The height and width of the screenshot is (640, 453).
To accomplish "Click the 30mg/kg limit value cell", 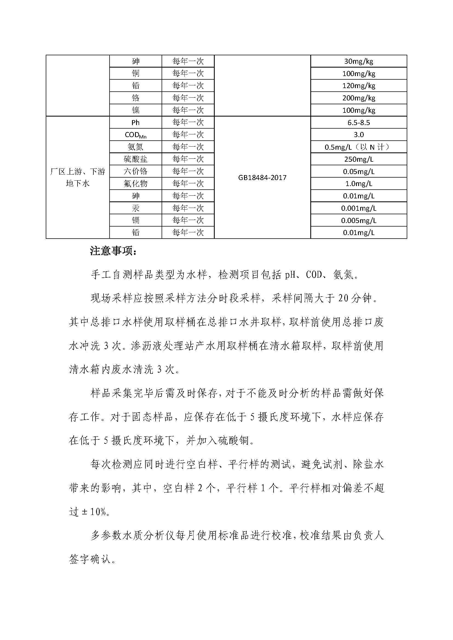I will [x=359, y=61].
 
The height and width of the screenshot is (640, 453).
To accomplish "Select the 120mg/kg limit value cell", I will [x=359, y=86].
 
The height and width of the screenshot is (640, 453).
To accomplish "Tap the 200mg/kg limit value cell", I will [x=359, y=98].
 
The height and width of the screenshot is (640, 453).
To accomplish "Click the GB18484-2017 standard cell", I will [x=262, y=178].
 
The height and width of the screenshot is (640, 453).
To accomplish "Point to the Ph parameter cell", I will [x=136, y=122].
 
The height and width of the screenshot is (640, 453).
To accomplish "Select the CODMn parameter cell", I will [x=136, y=135].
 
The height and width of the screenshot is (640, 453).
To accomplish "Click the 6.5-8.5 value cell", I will [x=359, y=122].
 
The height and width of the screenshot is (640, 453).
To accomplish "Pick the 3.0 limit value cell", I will [x=359, y=135].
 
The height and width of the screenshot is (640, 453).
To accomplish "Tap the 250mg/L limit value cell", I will [x=359, y=159].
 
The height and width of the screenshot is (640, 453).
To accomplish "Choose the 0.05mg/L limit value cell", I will [x=359, y=172].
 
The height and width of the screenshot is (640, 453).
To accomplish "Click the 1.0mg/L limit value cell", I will [x=359, y=184].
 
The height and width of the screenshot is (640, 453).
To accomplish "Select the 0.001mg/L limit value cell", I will [x=359, y=208].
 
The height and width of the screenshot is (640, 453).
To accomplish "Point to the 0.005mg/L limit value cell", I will [x=359, y=221].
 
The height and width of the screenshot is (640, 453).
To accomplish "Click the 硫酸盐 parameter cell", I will [x=136, y=159].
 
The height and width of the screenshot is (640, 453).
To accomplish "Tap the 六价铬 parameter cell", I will [x=136, y=172].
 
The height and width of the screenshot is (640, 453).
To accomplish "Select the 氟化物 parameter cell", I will [x=136, y=184].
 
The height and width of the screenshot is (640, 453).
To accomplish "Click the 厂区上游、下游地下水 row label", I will [x=78, y=177].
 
